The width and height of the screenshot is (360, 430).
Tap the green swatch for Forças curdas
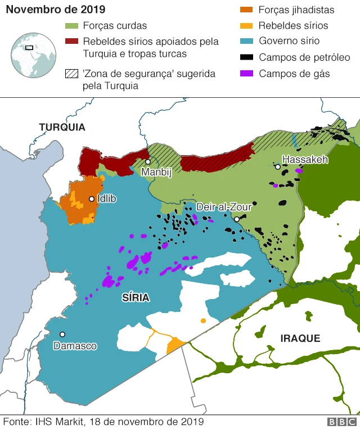71,26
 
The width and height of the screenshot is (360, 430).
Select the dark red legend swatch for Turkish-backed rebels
71,42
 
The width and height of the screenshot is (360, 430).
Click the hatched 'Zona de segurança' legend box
71,74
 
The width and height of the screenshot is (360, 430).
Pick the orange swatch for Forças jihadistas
246,10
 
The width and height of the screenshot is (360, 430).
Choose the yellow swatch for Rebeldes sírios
246,26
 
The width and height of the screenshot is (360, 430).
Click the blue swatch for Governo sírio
246,42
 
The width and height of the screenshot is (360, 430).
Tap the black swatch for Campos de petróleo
246,57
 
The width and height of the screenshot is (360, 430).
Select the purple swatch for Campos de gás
246,74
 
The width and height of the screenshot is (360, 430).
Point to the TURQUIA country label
62,128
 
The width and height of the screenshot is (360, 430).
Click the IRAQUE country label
300,338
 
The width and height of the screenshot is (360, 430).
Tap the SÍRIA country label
136,298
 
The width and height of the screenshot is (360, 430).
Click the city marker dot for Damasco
62,334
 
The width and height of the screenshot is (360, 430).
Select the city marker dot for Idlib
91,198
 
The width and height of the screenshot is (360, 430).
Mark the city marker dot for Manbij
148,162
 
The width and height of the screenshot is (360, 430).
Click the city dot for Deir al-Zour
237,219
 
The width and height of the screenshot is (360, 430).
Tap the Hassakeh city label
304,160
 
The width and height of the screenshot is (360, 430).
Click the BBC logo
341,422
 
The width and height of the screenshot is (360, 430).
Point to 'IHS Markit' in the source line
59,422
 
